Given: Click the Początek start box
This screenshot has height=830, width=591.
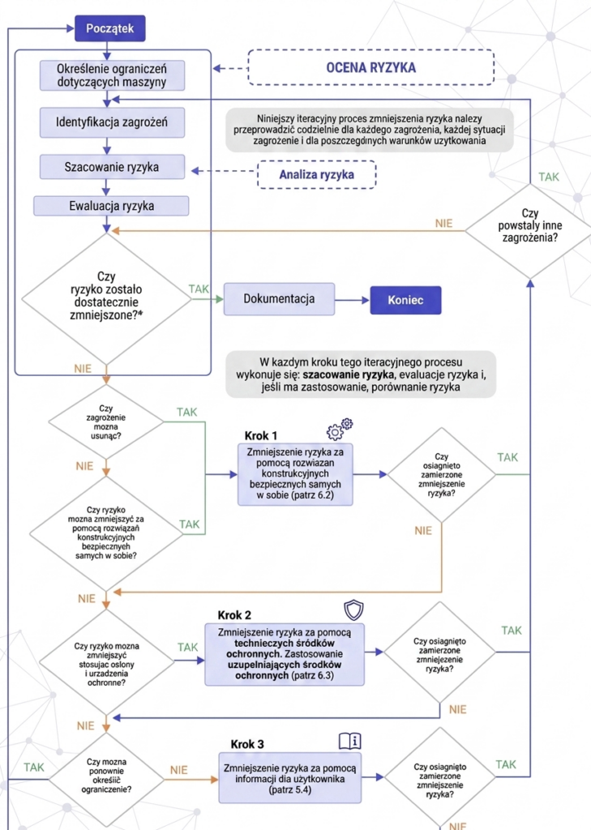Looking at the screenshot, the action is click(109, 28).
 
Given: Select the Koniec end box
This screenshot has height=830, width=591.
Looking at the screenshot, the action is click(405, 300).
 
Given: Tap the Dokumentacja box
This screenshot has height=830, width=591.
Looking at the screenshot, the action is click(279, 299).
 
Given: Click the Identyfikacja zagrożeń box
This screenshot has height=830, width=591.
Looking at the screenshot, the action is click(112, 122).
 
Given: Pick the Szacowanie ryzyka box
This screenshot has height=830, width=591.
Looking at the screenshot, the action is click(112, 167).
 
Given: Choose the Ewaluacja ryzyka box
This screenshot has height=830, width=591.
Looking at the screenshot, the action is click(111, 206).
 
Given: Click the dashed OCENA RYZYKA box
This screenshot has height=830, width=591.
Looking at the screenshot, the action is click(370, 67).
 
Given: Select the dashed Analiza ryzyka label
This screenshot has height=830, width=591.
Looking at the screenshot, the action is click(317, 175).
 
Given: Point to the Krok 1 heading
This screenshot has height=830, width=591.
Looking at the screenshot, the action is click(260, 435).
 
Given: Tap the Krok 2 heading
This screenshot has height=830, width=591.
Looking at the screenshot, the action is click(234, 615).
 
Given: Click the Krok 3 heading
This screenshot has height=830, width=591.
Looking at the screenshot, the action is click(247, 744).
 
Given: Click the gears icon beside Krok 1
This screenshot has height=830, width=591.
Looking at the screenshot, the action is click(340, 430).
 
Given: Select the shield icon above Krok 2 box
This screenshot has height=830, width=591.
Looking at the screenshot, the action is click(353, 610).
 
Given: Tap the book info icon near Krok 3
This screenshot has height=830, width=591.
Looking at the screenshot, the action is click(350, 741).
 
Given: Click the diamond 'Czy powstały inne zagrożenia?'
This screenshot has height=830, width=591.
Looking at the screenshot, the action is click(530, 231).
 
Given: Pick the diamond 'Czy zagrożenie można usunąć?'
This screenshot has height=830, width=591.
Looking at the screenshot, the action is click(106, 421).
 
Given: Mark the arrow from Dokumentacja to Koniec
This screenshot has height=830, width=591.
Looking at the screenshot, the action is click(352, 300).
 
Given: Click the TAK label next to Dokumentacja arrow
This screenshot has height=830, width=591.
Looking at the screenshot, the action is click(199, 289).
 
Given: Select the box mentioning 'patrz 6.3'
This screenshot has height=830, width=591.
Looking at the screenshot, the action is click(285, 654).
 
